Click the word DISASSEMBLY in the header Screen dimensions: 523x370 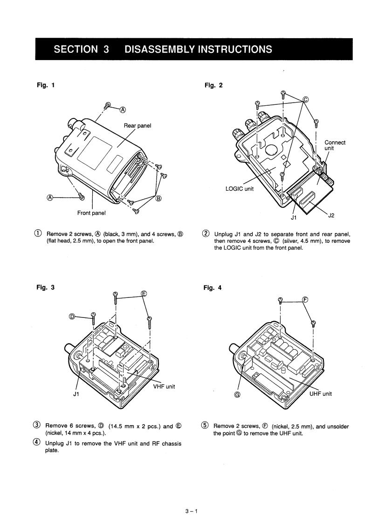tap(160, 49)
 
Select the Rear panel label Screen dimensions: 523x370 tap(137, 125)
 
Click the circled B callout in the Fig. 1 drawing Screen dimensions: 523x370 tap(158, 199)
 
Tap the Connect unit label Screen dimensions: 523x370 tap(335, 145)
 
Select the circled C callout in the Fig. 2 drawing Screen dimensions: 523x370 tap(306, 99)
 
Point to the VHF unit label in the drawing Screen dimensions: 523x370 tap(164, 385)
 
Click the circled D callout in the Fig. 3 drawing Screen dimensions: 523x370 tap(72, 317)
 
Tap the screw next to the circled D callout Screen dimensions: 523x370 tap(93, 318)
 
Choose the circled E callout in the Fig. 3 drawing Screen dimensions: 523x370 tap(144, 294)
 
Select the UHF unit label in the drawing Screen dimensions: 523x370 tap(321, 393)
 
